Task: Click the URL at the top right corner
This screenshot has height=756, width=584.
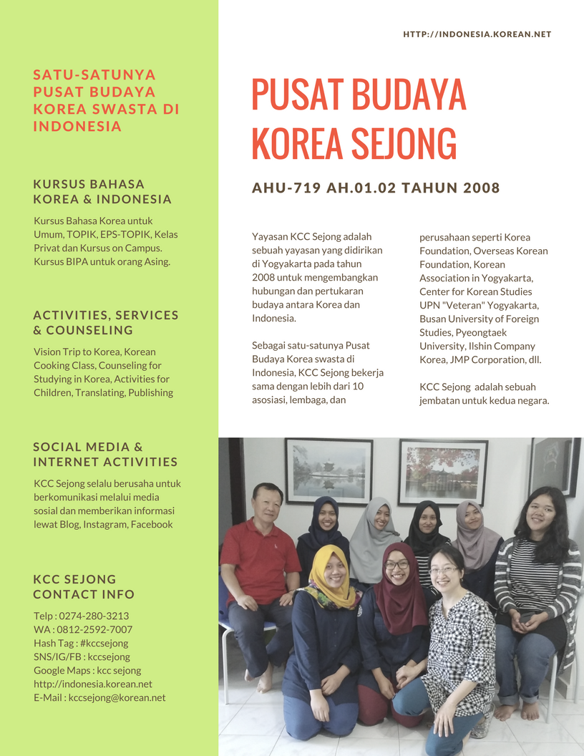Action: [477, 34]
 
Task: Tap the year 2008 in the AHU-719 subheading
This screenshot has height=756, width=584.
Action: [481, 188]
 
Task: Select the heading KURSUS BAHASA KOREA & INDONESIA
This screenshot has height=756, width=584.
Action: [102, 192]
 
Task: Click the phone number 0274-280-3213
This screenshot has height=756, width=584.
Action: [94, 616]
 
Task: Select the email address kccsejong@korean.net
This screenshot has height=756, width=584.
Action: [117, 697]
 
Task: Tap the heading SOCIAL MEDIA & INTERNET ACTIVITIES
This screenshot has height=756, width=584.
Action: [105, 454]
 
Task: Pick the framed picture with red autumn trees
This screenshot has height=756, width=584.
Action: [442, 472]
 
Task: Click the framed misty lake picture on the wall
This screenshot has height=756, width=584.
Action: [328, 470]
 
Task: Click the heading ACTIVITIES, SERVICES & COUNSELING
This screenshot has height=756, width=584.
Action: [106, 322]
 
